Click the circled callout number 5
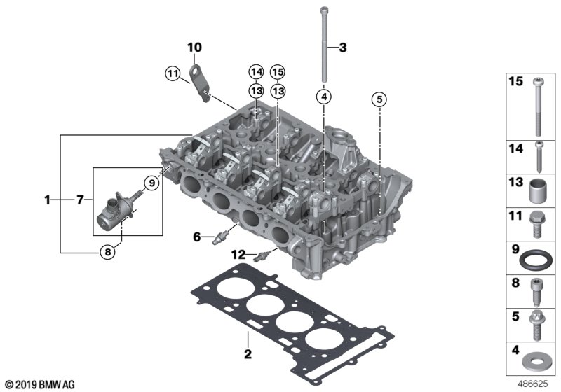[379, 99]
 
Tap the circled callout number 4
[324, 97]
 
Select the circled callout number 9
[151, 183]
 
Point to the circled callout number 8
[107, 252]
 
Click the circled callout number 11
[173, 74]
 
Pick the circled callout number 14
[257, 72]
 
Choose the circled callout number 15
[278, 72]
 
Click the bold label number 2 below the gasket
[248, 354]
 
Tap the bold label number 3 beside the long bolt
[343, 48]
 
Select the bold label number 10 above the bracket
[195, 47]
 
